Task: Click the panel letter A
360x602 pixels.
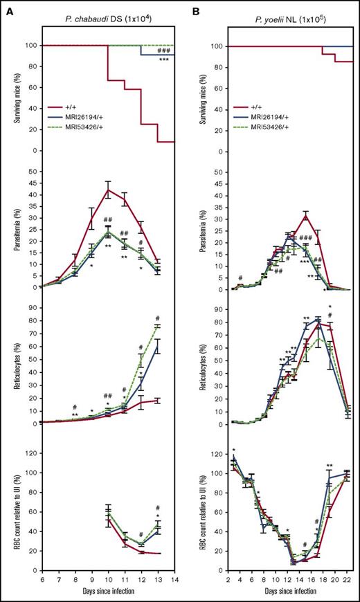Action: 6,8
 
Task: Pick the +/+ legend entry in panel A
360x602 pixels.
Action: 80,109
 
